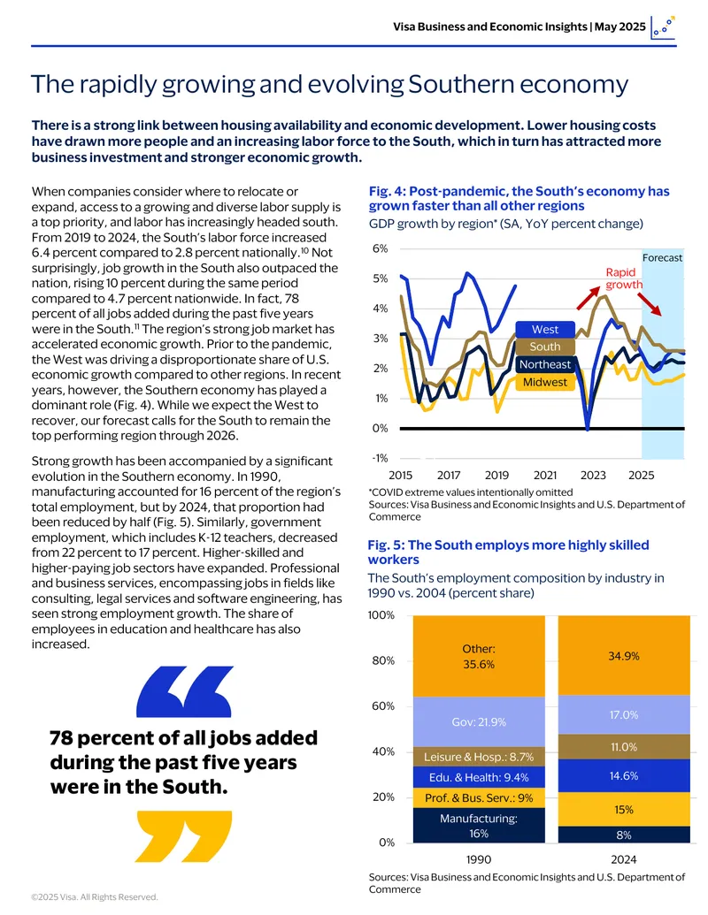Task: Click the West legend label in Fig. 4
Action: [x=545, y=329]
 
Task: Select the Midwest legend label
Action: [x=545, y=382]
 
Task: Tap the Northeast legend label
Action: [x=545, y=365]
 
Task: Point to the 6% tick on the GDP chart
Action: [x=380, y=248]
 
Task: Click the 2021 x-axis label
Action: [x=545, y=475]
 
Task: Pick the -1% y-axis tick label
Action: [x=380, y=458]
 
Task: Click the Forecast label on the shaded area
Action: [x=663, y=257]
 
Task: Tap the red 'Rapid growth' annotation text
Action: [x=623, y=278]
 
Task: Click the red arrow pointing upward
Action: [x=589, y=298]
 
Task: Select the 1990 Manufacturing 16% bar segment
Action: [x=479, y=825]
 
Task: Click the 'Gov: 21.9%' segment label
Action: [x=479, y=722]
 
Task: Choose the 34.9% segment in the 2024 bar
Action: [x=624, y=655]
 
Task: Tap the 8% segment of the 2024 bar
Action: [x=624, y=835]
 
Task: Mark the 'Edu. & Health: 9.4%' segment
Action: [x=479, y=777]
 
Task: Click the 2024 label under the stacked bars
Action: [x=624, y=859]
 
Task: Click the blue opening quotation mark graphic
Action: [x=184, y=692]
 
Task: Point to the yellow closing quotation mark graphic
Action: [x=184, y=836]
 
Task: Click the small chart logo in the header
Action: [x=663, y=27]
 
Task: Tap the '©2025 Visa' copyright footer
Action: [x=95, y=897]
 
